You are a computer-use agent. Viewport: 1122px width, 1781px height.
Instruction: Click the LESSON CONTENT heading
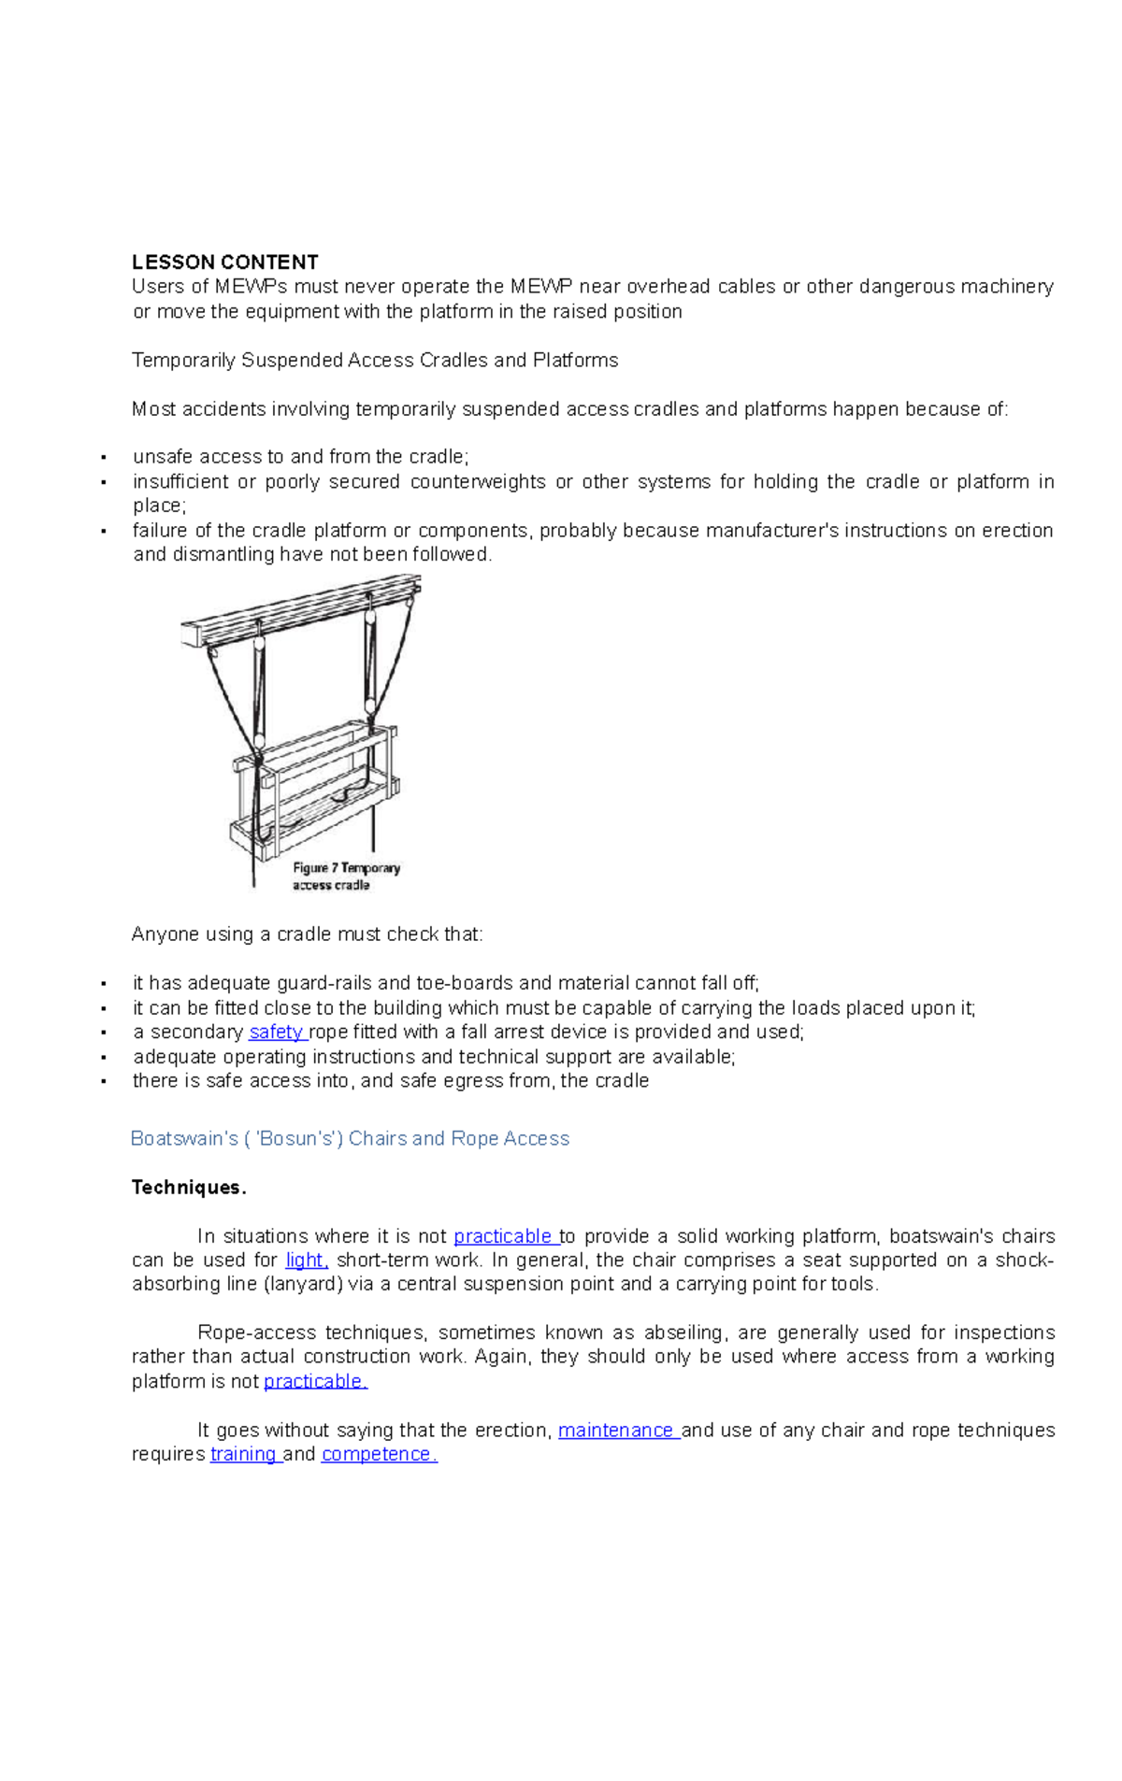[x=224, y=262]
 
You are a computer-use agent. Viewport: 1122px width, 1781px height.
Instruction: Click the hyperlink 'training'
[x=243, y=1454]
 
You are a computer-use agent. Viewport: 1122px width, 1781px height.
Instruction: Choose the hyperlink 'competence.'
[x=378, y=1454]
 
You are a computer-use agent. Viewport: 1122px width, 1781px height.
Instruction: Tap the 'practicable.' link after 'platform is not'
[x=314, y=1381]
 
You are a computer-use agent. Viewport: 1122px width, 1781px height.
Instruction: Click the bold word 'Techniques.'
[x=188, y=1187]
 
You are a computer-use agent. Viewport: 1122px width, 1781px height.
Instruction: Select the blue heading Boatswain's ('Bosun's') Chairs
[x=350, y=1138]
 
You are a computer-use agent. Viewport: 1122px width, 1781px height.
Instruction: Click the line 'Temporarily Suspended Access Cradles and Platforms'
[x=374, y=360]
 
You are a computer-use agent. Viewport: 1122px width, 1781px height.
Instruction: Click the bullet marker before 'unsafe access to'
[x=104, y=458]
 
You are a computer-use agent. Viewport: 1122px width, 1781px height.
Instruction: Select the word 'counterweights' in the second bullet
[x=478, y=481]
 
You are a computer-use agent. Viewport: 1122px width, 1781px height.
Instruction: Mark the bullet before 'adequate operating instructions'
[x=104, y=1058]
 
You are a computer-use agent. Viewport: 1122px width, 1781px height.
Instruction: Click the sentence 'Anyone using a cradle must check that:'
[x=307, y=934]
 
